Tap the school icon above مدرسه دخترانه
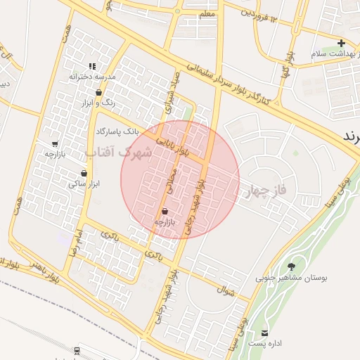[92, 66]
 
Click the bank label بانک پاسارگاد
[117, 131]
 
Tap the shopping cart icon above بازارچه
[55, 144]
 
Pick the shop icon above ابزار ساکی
[84, 173]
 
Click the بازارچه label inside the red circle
[164, 221]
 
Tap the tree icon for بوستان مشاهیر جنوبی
[291, 266]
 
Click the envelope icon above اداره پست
[265, 333]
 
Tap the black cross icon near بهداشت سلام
[341, 44]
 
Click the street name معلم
[207, 13]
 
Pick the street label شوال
[225, 288]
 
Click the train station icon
[76, 349]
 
